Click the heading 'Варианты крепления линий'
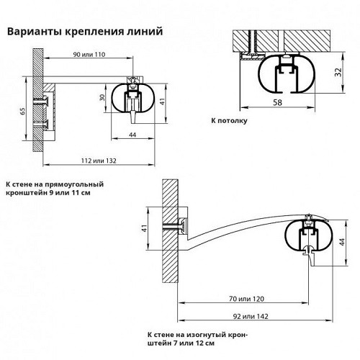tap(85, 32)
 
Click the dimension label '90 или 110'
tap(89, 55)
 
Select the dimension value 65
tap(22, 111)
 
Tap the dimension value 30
tap(102, 97)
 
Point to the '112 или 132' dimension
tap(99, 161)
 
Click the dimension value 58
tap(277, 103)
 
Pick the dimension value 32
tap(338, 72)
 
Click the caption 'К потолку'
tap(229, 120)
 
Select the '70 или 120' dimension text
tap(246, 299)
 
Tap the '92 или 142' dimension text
tap(251, 316)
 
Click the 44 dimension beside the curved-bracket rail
tap(342, 242)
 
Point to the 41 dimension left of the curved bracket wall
tap(144, 228)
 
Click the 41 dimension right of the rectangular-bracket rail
tap(163, 101)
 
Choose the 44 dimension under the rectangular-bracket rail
tap(132, 135)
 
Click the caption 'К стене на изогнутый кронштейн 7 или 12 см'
tap(197, 338)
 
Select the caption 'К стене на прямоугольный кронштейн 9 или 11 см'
tap(55, 189)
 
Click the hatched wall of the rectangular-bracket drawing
tap(38, 100)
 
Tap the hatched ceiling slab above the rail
tap(281, 40)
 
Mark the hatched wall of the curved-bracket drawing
tap(170, 231)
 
